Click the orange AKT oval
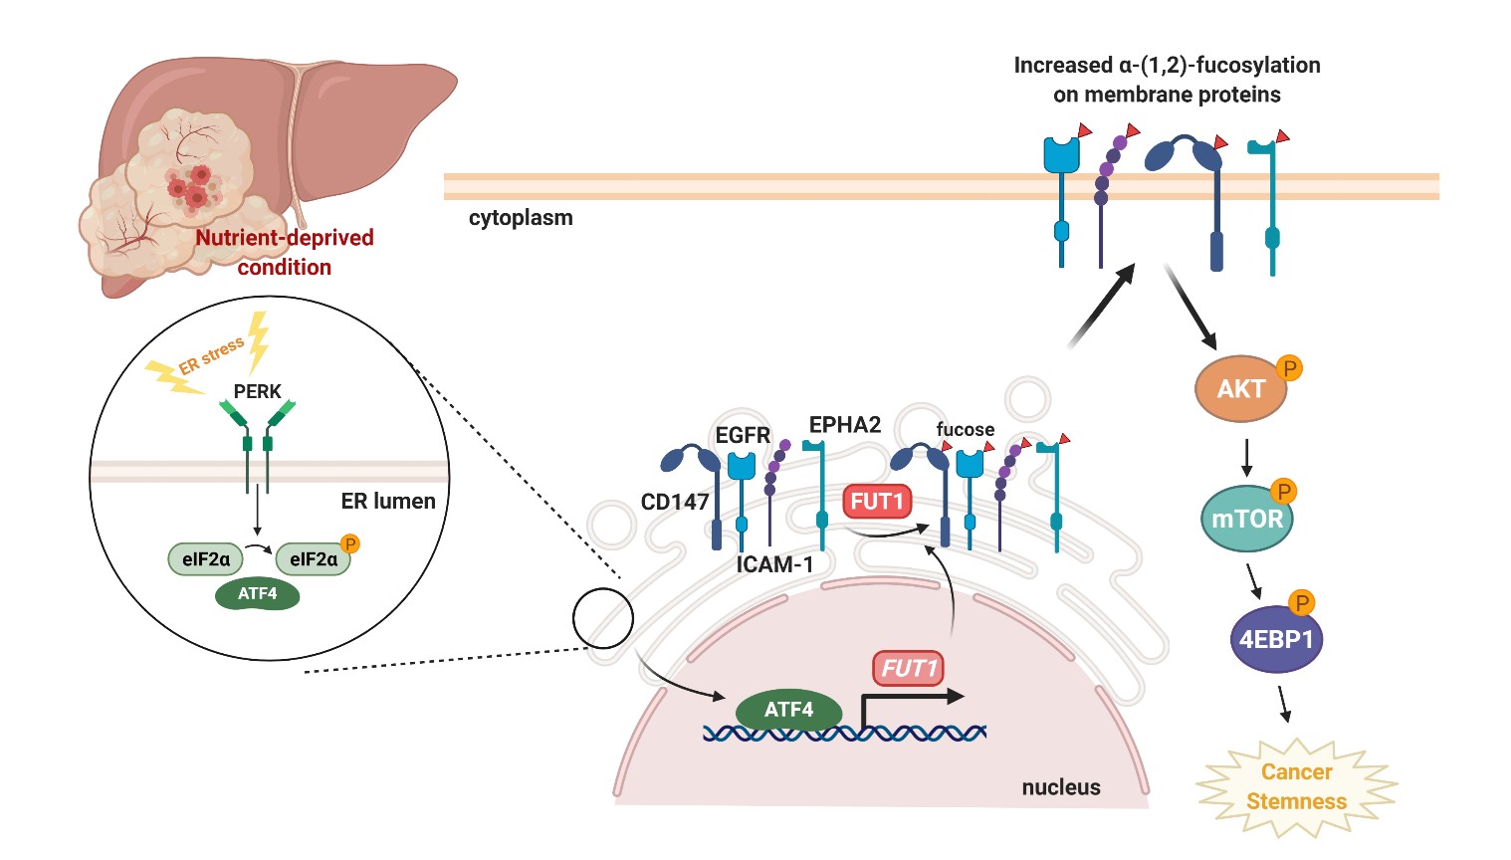pyautogui.click(x=1240, y=389)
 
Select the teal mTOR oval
pyautogui.click(x=1246, y=519)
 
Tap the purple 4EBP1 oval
pyautogui.click(x=1276, y=639)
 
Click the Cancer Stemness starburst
pyautogui.click(x=1296, y=786)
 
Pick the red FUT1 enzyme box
pyautogui.click(x=877, y=501)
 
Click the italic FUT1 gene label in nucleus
pyautogui.click(x=908, y=668)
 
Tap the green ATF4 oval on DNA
pyautogui.click(x=788, y=710)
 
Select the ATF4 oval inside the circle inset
pyautogui.click(x=258, y=594)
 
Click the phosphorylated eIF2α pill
pyautogui.click(x=313, y=559)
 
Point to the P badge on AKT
pyautogui.click(x=1289, y=368)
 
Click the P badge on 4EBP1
pyautogui.click(x=1301, y=602)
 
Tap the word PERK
pyautogui.click(x=258, y=391)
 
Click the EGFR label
pyautogui.click(x=743, y=435)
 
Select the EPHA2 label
pyautogui.click(x=844, y=425)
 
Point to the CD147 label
pyautogui.click(x=675, y=502)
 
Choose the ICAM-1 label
pyautogui.click(x=774, y=564)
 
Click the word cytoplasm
pyautogui.click(x=521, y=218)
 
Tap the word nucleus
pyautogui.click(x=1061, y=787)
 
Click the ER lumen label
pyautogui.click(x=388, y=501)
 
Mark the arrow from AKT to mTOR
pyautogui.click(x=1246, y=457)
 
